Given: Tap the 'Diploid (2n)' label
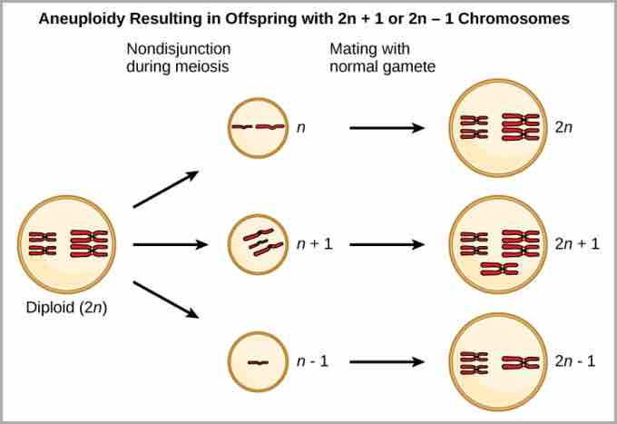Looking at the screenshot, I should [x=66, y=308].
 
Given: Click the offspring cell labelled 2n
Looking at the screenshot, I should [x=499, y=128].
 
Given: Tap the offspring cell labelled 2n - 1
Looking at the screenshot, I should [x=499, y=361].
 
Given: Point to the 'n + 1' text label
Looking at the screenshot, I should [x=314, y=244].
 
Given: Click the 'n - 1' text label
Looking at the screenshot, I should [x=312, y=361].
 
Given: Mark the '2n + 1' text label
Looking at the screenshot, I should [x=577, y=244].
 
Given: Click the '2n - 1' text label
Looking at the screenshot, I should [x=575, y=361].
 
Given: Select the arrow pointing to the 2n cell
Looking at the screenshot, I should [x=387, y=128].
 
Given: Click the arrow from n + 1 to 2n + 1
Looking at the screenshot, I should [x=387, y=244].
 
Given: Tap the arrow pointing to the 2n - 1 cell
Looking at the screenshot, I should [x=387, y=361].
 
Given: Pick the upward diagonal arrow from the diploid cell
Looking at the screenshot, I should [x=165, y=190].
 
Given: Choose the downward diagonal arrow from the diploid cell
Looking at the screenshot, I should [x=165, y=300].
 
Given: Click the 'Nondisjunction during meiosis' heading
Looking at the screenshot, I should [x=178, y=56].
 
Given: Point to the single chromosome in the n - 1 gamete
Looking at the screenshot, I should [x=259, y=362].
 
